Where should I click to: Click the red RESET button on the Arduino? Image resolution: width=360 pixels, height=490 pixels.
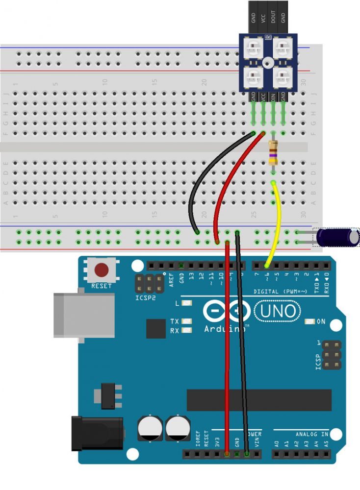[102, 270]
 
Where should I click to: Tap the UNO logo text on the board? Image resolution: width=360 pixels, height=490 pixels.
[276, 311]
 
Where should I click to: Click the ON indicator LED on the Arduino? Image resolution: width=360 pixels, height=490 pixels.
[309, 322]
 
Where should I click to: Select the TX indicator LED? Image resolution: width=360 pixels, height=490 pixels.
[186, 321]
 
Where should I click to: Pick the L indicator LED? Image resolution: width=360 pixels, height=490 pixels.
[186, 303]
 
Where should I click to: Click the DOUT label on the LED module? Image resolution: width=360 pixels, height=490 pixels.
[273, 17]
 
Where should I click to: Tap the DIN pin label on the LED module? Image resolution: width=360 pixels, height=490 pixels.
[273, 96]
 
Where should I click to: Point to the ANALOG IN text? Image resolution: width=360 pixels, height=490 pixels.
[311, 434]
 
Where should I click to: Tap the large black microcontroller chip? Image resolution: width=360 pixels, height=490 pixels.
[258, 401]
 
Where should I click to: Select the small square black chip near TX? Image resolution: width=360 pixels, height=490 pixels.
[156, 328]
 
